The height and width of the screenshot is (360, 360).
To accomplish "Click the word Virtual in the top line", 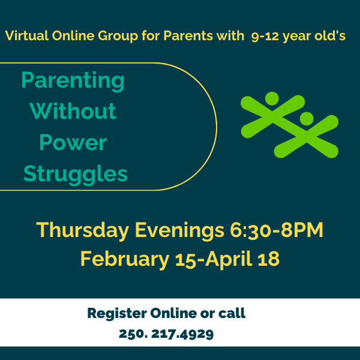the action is coord(27,35).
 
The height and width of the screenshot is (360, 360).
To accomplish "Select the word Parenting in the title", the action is coord(73,81).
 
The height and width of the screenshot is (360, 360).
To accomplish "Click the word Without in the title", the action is coord(73,111).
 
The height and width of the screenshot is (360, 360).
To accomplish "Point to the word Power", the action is coord(73,142).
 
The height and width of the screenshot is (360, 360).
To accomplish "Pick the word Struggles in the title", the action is coord(76,175).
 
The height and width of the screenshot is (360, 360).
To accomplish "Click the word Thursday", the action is coord(82,230).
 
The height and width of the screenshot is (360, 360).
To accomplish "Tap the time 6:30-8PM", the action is coord(277,230).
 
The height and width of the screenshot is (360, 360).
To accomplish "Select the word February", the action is coord(125,259).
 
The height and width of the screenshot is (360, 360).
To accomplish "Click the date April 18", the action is coord(242,259).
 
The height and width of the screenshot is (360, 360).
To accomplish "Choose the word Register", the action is coord(117,314).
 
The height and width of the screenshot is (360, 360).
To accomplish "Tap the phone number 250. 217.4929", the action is coord(166,334).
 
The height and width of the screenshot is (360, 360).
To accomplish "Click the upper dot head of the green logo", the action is coord(272,98).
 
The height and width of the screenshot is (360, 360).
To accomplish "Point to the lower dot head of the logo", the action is coord(307,119).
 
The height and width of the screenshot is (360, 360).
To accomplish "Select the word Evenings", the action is coord(179,230).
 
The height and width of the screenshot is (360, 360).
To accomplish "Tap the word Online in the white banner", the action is coord(173,313).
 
